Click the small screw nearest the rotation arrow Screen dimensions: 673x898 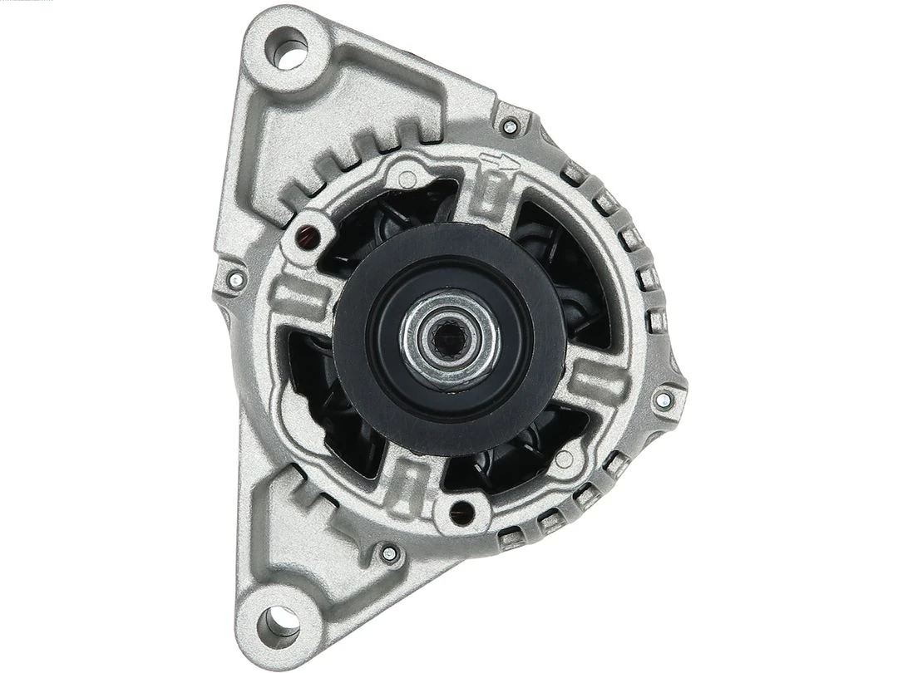pos(511,126)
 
